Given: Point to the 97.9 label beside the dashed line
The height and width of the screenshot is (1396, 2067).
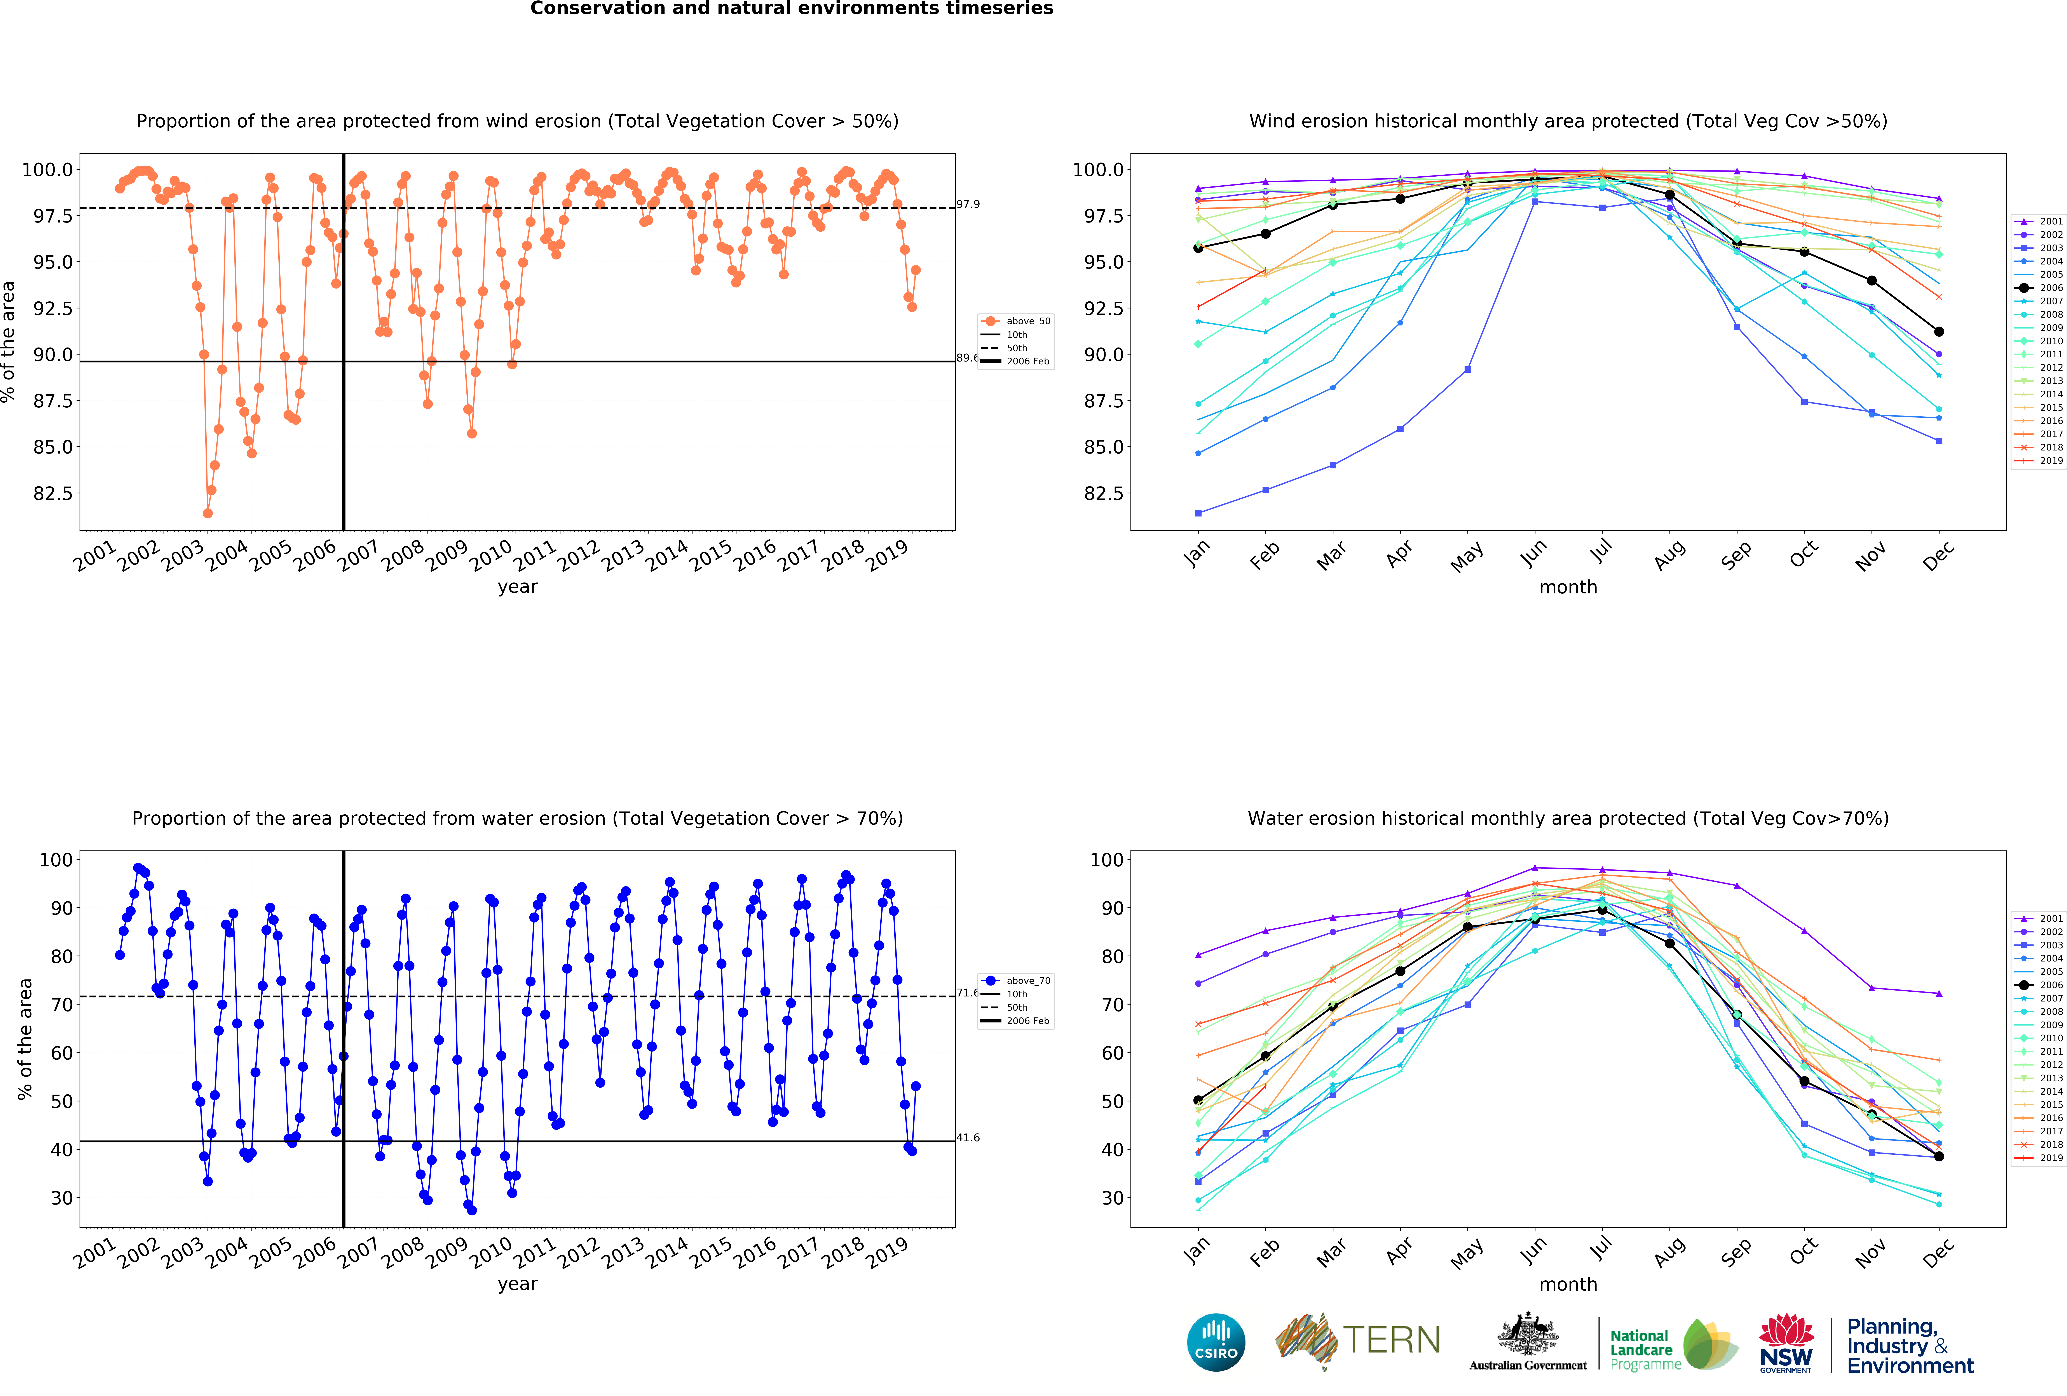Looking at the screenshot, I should pos(968,205).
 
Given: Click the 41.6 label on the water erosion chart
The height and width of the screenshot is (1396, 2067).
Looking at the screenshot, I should pos(968,1137).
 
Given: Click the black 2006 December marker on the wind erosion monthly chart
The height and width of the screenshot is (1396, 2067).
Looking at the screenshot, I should pos(1939,332).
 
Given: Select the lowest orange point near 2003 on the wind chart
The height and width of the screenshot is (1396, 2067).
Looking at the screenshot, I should pos(207,513).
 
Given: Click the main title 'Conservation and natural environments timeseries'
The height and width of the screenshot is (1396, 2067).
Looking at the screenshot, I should pos(792,9).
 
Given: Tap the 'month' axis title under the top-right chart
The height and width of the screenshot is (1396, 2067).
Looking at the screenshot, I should pos(1568,587).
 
